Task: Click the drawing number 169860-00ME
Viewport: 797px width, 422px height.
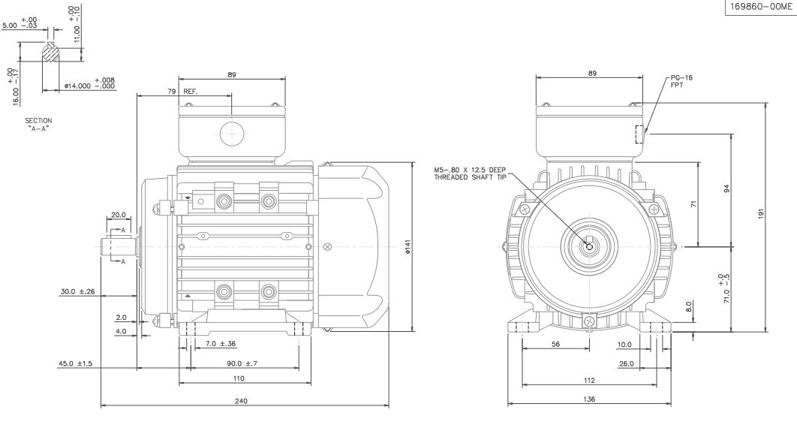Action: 759,7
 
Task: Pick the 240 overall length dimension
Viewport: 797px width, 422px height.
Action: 242,401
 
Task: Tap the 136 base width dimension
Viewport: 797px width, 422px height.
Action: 590,399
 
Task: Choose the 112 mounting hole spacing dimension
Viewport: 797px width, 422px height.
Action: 590,380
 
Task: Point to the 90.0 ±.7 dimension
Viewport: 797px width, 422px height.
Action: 242,364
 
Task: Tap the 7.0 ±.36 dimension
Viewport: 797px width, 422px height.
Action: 221,344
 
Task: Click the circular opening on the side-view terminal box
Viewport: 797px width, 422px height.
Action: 233,136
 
